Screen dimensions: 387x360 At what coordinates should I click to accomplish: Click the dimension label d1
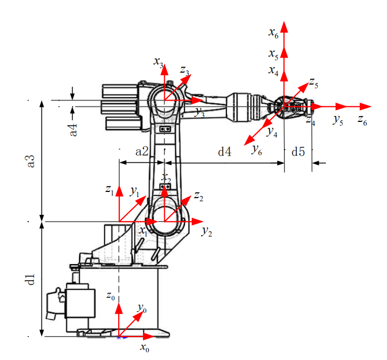coord(31,280)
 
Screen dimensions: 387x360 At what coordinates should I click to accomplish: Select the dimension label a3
coord(31,161)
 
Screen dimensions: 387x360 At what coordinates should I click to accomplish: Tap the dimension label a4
coord(73,130)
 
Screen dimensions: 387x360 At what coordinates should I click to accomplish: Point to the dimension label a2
coord(142,151)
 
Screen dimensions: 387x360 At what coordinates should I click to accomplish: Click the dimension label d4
coord(225,151)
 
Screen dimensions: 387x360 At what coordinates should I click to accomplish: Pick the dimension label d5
coord(298,151)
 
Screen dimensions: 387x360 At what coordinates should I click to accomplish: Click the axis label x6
coord(274,33)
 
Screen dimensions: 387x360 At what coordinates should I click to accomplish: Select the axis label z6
coord(362,120)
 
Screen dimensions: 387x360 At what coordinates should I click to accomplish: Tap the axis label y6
coord(256,150)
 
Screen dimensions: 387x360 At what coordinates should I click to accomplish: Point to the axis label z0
coord(110,296)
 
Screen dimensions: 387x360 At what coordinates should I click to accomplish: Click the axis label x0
coord(145,348)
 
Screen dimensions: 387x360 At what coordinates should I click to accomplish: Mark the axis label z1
coord(110,190)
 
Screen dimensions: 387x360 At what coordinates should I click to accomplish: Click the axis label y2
coord(207,232)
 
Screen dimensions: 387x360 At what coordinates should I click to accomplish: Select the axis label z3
coord(184,71)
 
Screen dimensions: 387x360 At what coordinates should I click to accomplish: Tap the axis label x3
coord(159,62)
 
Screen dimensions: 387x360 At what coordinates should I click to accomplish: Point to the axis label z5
coord(314,83)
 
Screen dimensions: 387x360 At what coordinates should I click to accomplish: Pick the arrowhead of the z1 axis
coord(120,191)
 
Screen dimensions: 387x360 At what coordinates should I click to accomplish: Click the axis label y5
coord(338,120)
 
